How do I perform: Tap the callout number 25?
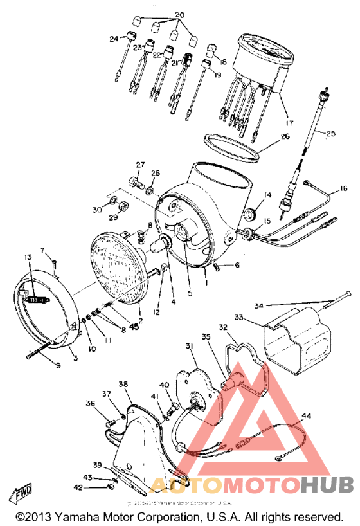(331, 134)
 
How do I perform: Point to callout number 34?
(258, 305)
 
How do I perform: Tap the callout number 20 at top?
(179, 14)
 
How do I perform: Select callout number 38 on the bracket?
(123, 383)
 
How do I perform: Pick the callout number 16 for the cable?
(343, 188)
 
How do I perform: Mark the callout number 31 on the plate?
(190, 347)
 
